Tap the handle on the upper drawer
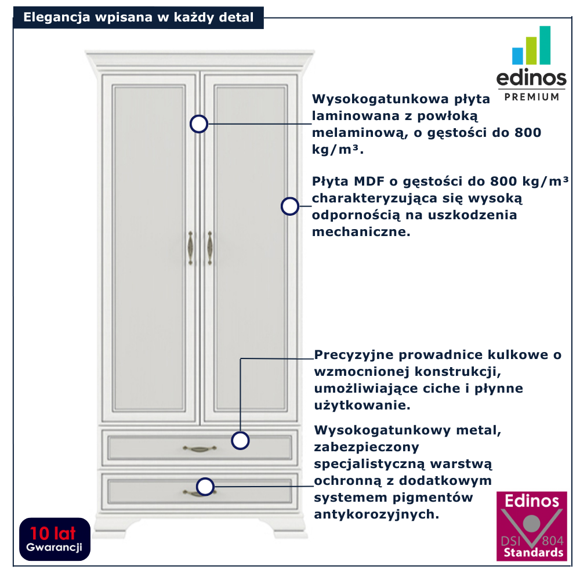(200, 448)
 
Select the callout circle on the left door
(199, 124)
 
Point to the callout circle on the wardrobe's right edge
(289, 206)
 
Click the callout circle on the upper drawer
(240, 440)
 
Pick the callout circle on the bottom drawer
(205, 487)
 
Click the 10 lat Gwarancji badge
(55, 539)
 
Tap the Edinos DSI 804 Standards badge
(531, 526)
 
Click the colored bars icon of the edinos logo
(531, 46)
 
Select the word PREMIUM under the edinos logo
(532, 96)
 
